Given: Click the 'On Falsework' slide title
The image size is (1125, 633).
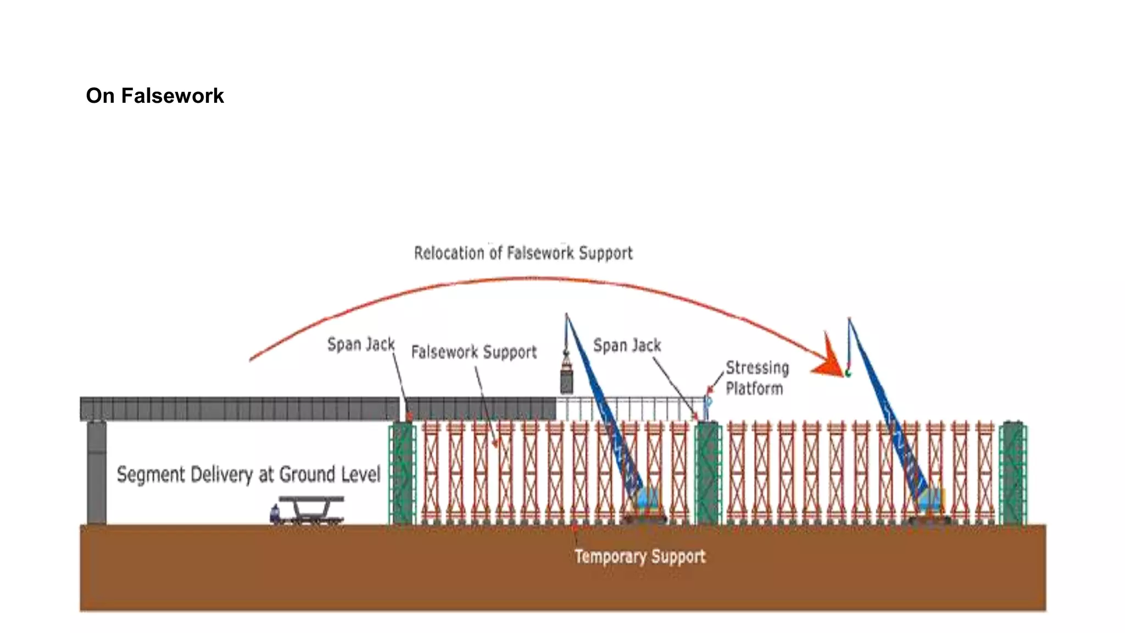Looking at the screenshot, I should tap(155, 96).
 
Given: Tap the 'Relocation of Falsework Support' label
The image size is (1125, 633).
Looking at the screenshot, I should tap(523, 253).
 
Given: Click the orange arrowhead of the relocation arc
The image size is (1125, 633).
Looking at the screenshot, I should tap(829, 360).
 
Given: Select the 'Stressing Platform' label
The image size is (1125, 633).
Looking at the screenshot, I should tap(756, 377).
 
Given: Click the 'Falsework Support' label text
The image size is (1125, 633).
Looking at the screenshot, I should tap(474, 352).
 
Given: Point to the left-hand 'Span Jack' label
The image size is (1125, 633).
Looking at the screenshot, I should tap(361, 344).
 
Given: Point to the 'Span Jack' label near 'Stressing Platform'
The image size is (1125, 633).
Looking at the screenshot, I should tap(627, 345).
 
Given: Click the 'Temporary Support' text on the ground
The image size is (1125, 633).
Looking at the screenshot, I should tap(640, 556).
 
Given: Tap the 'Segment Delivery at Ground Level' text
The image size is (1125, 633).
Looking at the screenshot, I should tap(248, 474).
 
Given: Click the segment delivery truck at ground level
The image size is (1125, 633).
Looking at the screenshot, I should tap(308, 510).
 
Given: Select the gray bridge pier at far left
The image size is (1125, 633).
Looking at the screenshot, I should tap(97, 473).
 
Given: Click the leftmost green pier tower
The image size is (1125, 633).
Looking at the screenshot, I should tap(403, 473).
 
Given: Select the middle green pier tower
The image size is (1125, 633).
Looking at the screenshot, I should tap(708, 473).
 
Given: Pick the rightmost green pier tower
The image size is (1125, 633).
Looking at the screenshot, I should tap(1012, 473).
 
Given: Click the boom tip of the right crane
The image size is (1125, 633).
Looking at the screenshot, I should tap(849, 319).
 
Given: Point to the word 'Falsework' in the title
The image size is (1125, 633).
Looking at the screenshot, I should tap(172, 96).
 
